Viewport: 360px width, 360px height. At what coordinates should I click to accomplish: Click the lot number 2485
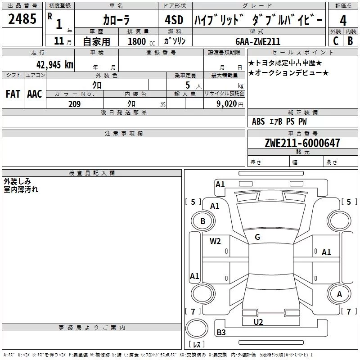22,19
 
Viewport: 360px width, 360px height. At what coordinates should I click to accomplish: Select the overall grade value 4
343,21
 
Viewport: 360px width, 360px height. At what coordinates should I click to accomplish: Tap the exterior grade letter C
336,41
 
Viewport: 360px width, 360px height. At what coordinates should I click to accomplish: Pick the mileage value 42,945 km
55,65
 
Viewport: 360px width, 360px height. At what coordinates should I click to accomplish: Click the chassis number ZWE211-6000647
302,143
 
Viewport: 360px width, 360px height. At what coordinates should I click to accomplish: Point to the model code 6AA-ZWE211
258,41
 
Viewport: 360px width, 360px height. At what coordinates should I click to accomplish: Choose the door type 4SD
174,20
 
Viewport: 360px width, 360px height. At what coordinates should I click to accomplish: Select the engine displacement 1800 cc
141,41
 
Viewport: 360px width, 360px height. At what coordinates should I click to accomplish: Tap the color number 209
74,104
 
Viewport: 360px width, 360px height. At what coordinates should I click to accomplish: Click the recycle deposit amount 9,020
227,104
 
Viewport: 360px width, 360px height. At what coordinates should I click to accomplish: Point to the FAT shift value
13,94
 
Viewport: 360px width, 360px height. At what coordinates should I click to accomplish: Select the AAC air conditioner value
35,94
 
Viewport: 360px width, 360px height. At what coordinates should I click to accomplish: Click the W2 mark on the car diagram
215,241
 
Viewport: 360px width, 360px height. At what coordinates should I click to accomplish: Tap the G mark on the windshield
257,237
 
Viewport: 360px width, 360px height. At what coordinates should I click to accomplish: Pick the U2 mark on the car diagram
258,322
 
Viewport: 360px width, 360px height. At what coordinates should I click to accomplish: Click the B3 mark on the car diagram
221,332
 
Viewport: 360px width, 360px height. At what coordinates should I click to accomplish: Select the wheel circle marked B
203,221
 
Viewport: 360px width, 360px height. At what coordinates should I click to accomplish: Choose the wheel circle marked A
339,294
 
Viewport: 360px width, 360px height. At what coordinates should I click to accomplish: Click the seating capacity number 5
188,85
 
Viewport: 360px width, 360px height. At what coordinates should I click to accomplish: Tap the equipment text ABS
258,121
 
